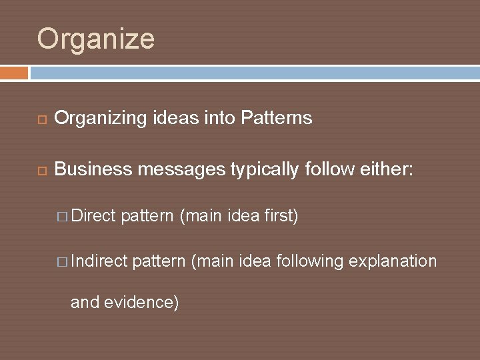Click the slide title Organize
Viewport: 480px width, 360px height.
point(96,39)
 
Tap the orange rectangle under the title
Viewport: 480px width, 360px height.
point(14,73)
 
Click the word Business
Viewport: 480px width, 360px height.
point(93,170)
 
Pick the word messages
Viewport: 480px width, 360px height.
point(181,170)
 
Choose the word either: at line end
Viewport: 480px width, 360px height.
point(387,170)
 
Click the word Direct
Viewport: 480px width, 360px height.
point(93,216)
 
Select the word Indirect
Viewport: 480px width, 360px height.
point(99,261)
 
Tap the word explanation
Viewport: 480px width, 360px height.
point(393,261)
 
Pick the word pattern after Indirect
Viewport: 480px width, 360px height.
point(159,261)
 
